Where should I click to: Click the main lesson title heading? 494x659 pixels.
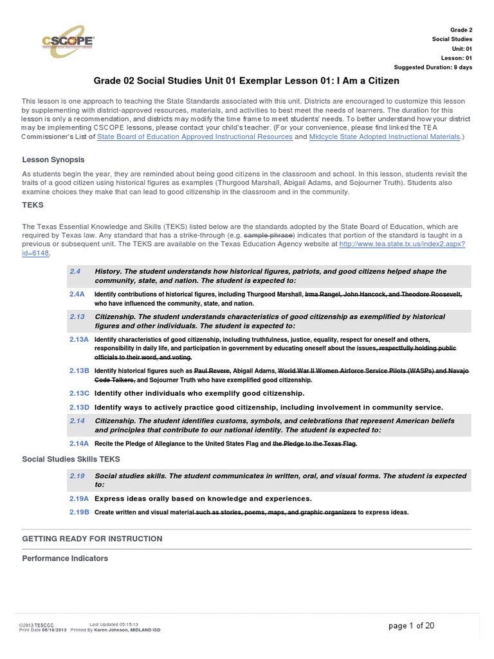click(246, 81)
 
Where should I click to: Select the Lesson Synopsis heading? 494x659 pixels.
click(53, 160)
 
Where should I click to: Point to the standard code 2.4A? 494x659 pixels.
click(78, 293)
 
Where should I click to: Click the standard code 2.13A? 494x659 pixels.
click(79, 339)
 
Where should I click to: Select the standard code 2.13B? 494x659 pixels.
click(79, 371)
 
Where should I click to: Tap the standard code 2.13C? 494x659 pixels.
click(79, 393)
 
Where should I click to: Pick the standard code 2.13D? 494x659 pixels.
click(79, 407)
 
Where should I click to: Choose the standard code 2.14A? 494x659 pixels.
click(79, 443)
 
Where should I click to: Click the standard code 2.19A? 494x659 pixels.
click(79, 498)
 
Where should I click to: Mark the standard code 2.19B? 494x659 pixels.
click(79, 512)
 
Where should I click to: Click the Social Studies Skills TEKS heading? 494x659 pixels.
click(71, 459)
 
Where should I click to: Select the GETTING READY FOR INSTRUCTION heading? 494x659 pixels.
click(92, 539)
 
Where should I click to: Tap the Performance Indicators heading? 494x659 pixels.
click(65, 558)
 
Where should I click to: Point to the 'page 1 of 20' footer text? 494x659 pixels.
click(412, 626)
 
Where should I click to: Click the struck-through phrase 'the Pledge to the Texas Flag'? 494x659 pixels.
click(315, 444)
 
